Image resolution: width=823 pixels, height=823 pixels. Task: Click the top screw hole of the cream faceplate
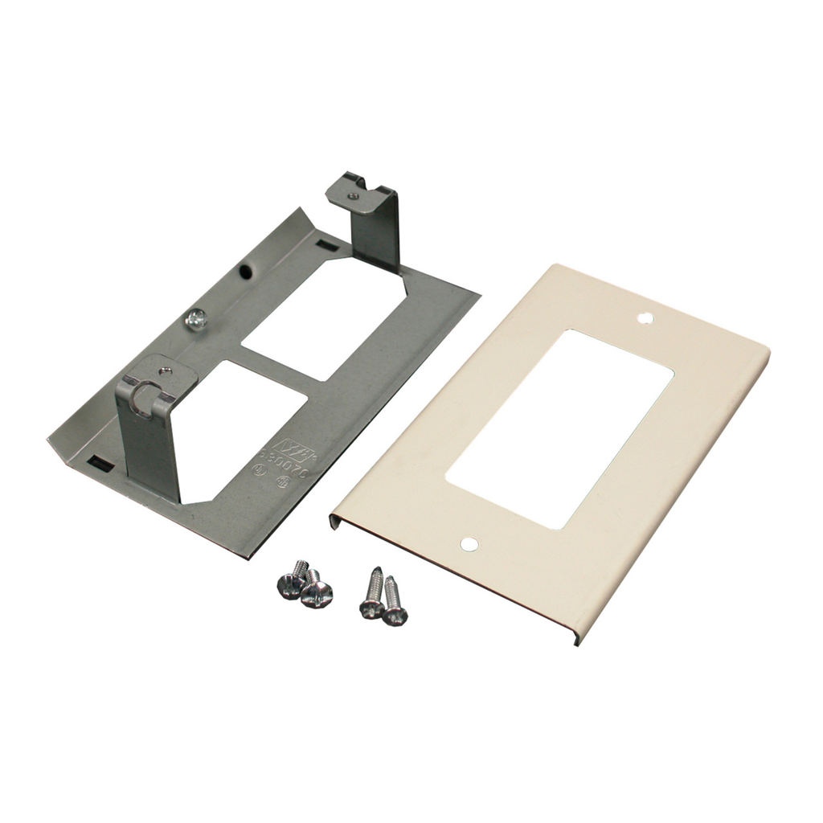(x=645, y=318)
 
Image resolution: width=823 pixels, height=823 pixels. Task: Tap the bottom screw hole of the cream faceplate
(x=469, y=544)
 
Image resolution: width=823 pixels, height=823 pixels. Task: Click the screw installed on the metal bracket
(x=194, y=320)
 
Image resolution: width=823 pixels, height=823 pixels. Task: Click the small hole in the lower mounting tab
(x=165, y=371)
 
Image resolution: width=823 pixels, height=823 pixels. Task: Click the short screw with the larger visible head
(x=316, y=593)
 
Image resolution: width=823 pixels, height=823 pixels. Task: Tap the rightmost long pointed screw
(x=394, y=604)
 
